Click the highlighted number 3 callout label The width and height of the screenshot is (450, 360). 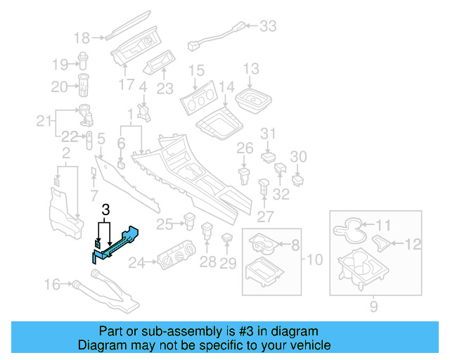pyautogui.click(x=105, y=210)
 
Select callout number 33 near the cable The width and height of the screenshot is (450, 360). pyautogui.click(x=269, y=27)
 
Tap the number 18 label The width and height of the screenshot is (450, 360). pyautogui.click(x=82, y=37)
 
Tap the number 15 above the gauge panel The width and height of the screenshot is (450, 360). pyautogui.click(x=196, y=70)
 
